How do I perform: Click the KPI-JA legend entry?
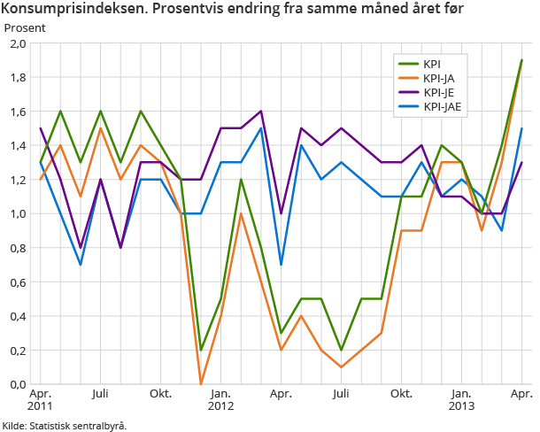coord(438,78)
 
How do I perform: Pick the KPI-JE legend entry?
coord(438,92)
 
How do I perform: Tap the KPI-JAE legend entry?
coord(442,106)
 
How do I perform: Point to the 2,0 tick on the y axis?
coord(17,43)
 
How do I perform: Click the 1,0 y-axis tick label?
coord(17,213)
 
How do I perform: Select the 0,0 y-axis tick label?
coord(17,384)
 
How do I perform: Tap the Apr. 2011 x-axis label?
coord(40,399)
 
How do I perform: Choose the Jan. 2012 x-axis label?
coord(220,399)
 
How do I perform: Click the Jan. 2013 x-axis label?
coord(461,399)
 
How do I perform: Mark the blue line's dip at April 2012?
coord(281,265)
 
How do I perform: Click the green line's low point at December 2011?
coord(201,350)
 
